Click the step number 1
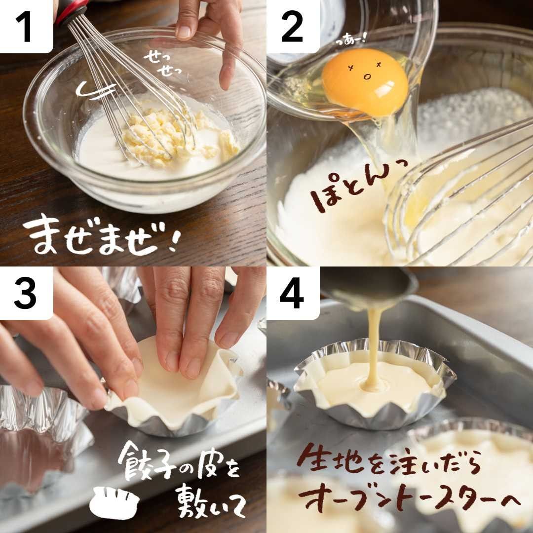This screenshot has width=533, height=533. point(24,27)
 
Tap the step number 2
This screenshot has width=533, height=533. point(292,27)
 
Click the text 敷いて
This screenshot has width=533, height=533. point(211,499)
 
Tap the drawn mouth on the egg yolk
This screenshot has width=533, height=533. point(367,77)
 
